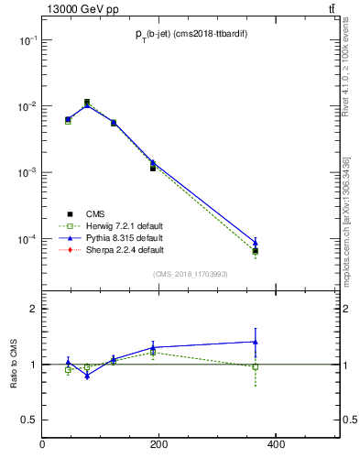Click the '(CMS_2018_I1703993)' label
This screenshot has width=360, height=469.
pos(191,273)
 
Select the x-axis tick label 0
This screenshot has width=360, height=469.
pos(42,445)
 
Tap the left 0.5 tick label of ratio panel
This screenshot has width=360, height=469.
pos(29,420)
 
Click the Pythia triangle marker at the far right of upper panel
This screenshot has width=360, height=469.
pos(256,243)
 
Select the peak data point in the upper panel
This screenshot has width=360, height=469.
pos(87,103)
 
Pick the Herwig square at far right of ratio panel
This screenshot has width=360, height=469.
pos(256,366)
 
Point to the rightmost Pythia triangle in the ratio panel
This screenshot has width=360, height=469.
pos(256,342)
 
